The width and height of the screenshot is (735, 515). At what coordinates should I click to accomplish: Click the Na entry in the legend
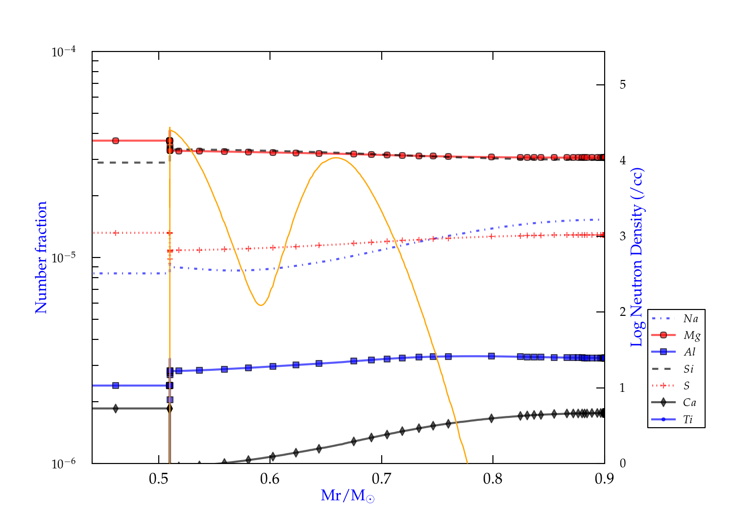tap(690, 319)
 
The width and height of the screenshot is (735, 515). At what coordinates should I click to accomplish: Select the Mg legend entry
tap(691, 335)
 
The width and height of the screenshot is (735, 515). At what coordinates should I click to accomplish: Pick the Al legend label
tap(689, 352)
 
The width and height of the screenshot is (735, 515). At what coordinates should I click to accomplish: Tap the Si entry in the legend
tap(688, 369)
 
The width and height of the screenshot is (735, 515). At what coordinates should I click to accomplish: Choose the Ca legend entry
tap(689, 403)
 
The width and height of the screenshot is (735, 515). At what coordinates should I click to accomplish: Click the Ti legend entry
tap(688, 419)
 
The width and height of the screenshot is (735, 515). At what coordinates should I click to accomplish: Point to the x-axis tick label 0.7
tap(381, 479)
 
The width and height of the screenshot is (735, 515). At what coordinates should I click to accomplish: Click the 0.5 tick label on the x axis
tap(158, 479)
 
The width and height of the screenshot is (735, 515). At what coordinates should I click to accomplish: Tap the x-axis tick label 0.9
tap(604, 479)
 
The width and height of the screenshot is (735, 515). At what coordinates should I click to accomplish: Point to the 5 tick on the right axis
tap(622, 85)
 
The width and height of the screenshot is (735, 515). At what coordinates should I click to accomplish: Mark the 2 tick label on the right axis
tap(622, 312)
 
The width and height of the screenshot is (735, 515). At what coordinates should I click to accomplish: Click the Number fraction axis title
tap(41, 257)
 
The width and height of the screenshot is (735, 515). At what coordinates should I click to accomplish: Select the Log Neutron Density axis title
tap(637, 257)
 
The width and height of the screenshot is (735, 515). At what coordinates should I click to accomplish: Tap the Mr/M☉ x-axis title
tap(348, 496)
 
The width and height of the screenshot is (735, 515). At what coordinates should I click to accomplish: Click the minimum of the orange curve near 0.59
tap(261, 306)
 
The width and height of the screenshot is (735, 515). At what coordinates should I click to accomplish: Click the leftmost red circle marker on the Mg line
tap(116, 141)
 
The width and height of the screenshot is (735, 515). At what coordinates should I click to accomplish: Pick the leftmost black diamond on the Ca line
tap(116, 409)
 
